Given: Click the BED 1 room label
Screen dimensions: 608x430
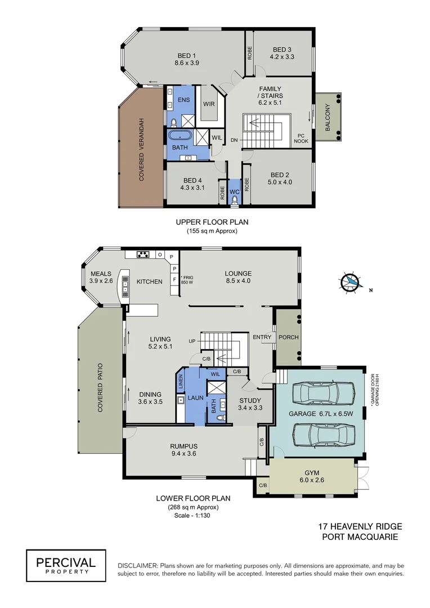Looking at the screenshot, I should tap(186, 55).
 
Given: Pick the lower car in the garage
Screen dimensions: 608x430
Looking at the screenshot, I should tap(321, 433).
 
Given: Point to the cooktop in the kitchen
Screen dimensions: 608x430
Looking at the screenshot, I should tap(143, 254).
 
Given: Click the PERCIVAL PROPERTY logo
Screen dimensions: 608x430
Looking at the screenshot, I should tap(66, 565).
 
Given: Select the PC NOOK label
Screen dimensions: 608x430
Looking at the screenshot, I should tap(301, 138).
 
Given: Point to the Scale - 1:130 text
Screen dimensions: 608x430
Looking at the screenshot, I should tap(193, 516).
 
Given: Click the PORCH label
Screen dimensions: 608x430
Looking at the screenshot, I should tap(288, 337).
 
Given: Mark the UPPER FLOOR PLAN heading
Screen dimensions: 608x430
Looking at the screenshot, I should tap(212, 222).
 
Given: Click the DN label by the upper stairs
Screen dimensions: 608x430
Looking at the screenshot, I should tap(235, 140).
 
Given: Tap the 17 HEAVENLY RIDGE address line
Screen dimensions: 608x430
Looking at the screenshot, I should tap(360, 526).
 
